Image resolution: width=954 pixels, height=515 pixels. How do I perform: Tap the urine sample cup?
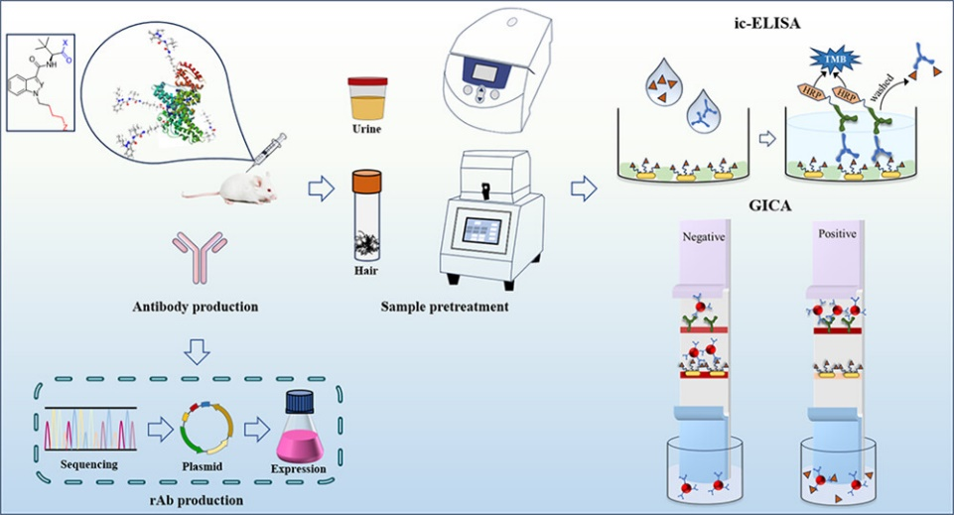366,99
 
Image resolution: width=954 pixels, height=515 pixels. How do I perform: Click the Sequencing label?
89,463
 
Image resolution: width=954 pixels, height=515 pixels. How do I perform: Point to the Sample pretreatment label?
445,307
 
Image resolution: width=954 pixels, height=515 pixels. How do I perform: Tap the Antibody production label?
196,307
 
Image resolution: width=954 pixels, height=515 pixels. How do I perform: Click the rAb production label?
195,499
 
